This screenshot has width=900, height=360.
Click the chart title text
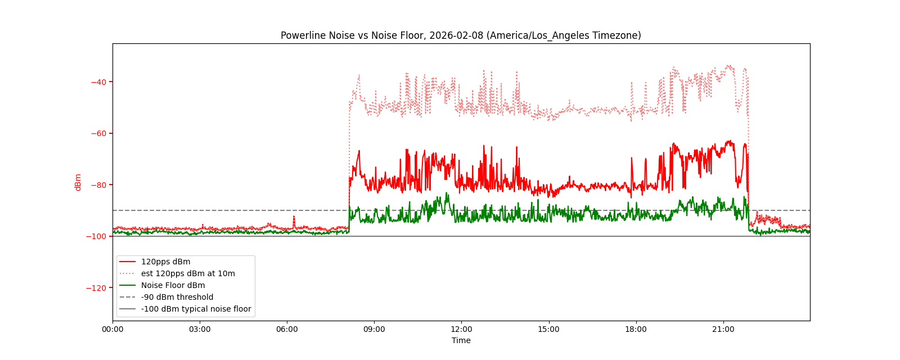tap(461, 35)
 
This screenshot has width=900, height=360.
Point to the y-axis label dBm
tap(78, 182)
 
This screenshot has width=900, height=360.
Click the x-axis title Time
tap(461, 340)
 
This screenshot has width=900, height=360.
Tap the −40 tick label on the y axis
tap(98, 82)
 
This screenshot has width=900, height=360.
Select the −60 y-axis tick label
tap(98, 133)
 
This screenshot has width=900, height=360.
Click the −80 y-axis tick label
tap(98, 185)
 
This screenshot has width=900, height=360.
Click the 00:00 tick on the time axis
tap(112, 330)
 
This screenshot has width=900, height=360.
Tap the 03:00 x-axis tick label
tap(200, 330)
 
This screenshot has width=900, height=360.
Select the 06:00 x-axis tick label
tap(287, 330)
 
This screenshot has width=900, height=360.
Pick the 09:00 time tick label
tap(374, 330)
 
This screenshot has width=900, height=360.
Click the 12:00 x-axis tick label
tap(461, 330)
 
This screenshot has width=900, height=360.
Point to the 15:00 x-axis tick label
tap(548, 330)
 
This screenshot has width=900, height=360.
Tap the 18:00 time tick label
tap(636, 330)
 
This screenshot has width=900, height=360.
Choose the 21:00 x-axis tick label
tap(723, 330)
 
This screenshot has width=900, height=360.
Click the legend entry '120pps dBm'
tap(165, 262)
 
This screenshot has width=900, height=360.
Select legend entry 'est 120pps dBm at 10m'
tap(188, 273)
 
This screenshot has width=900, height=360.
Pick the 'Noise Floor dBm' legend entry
tap(173, 285)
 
